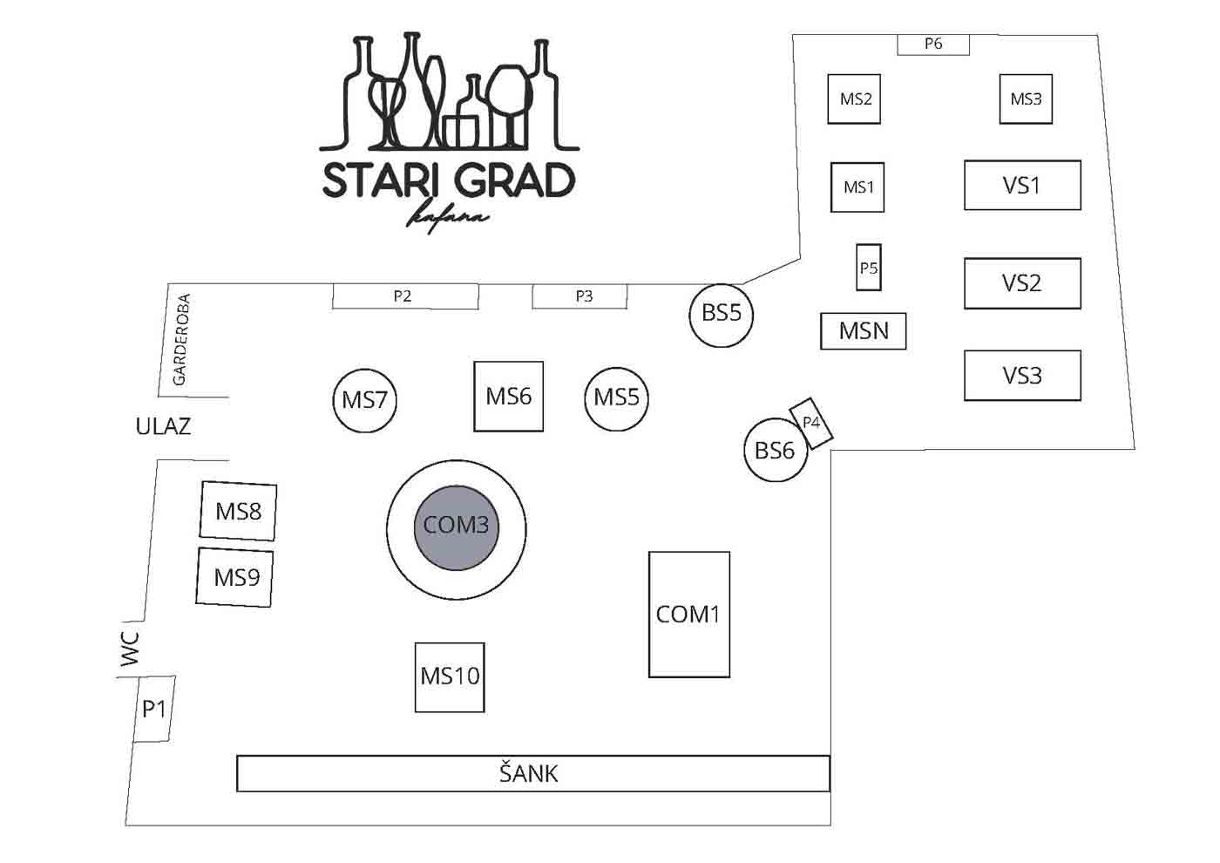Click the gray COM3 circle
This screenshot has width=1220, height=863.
(x=457, y=528)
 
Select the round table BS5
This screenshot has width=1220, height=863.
(x=722, y=316)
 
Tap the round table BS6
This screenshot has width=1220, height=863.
(x=776, y=450)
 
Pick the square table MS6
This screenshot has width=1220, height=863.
(x=509, y=396)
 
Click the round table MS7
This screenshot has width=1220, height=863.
(x=365, y=400)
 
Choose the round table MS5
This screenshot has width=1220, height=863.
(x=617, y=399)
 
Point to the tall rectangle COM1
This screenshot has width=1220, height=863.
(x=689, y=615)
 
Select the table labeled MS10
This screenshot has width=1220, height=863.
(x=450, y=677)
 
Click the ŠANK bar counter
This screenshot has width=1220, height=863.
(x=533, y=773)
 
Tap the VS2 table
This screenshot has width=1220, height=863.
(x=1023, y=283)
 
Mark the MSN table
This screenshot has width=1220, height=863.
(x=864, y=330)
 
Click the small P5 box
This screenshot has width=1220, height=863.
(x=869, y=267)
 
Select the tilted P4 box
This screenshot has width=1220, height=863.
(x=811, y=424)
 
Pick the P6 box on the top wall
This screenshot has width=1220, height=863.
(x=933, y=44)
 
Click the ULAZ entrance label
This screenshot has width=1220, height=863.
(x=164, y=426)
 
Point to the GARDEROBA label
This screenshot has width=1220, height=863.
(x=181, y=339)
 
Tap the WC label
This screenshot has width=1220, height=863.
(x=130, y=649)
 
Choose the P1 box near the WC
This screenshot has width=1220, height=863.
(x=155, y=709)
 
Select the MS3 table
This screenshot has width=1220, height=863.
(x=1027, y=99)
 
